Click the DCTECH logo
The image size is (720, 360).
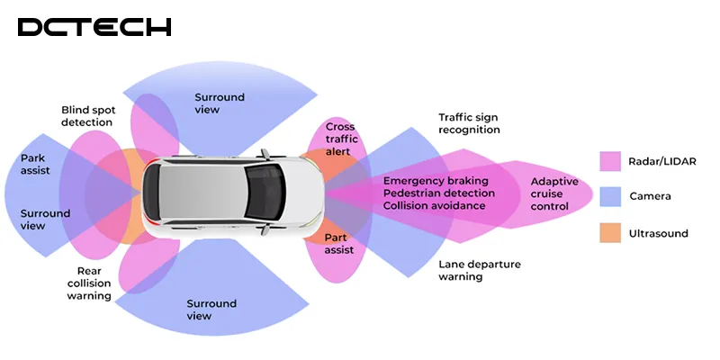[x=94, y=27]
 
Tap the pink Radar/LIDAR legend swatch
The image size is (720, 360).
[x=610, y=161]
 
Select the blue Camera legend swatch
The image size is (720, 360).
[x=610, y=197]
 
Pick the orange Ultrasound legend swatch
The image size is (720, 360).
[x=610, y=233]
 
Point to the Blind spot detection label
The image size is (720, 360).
[x=87, y=116]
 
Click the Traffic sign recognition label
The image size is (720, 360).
[x=468, y=124]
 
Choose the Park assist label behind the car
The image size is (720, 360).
[x=35, y=164]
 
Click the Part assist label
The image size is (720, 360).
[x=338, y=243]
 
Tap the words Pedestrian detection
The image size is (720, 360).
[x=439, y=193]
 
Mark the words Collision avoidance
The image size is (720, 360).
[x=435, y=206]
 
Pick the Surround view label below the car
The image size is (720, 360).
[x=211, y=310]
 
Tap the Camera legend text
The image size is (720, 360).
[x=651, y=197]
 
